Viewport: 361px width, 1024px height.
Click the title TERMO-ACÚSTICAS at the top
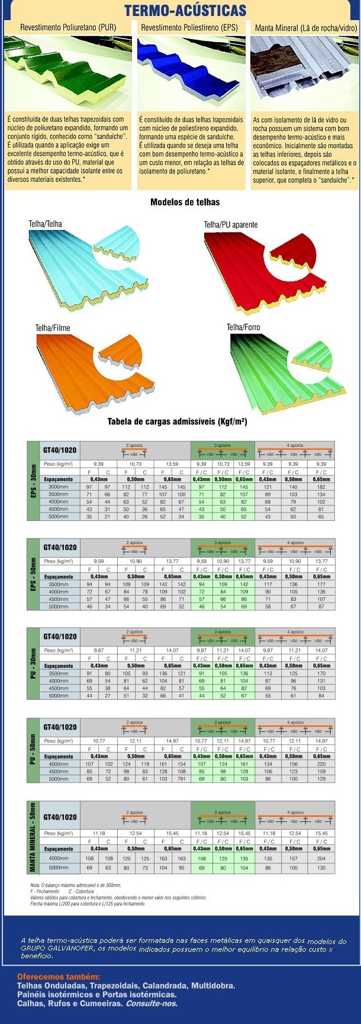click(x=185, y=10)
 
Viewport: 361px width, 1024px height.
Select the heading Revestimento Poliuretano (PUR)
click(x=67, y=28)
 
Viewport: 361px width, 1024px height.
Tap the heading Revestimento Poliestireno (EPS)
click(x=189, y=28)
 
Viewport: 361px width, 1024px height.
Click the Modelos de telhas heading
click(x=185, y=202)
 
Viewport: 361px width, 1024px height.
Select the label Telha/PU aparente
click(x=231, y=225)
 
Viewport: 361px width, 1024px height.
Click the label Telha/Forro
click(x=243, y=327)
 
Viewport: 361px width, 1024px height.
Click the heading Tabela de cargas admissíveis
click(x=178, y=422)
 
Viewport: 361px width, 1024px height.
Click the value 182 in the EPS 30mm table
click(x=321, y=487)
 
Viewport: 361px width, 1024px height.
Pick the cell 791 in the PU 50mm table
click(x=181, y=779)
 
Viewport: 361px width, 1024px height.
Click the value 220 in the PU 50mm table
click(x=321, y=764)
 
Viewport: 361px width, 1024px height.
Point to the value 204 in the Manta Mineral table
click(x=321, y=858)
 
